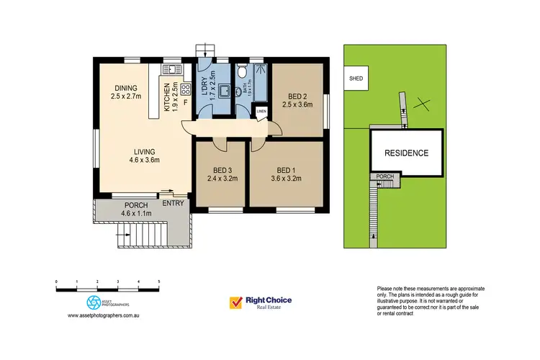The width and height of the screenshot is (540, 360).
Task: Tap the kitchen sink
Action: (172, 70)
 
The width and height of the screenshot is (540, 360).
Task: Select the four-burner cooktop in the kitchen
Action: (184, 89)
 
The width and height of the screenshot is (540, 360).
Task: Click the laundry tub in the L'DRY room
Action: (223, 91)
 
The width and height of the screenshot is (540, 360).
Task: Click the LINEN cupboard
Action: (261, 112)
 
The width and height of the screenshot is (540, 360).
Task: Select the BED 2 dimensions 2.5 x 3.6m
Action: (297, 105)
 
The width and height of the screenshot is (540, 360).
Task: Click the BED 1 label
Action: (286, 170)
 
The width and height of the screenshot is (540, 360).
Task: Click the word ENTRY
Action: (173, 203)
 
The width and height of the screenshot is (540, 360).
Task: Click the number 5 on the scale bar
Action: (159, 282)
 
